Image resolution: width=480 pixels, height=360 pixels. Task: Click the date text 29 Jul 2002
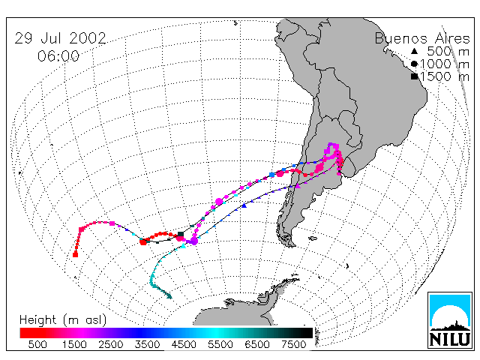pos(60,38)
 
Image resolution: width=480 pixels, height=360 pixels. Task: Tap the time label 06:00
pos(58,56)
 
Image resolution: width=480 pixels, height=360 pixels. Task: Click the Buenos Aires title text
pos(422,38)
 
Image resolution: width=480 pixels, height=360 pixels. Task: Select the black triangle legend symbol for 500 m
pos(414,51)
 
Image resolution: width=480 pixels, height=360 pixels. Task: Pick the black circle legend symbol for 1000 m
pos(414,64)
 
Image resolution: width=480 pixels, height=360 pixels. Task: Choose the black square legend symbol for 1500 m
pos(414,76)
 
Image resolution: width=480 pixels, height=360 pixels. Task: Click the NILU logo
pos(450,320)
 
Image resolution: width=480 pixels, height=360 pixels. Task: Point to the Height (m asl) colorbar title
pos(63,320)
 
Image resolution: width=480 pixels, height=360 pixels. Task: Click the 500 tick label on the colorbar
pos(37,344)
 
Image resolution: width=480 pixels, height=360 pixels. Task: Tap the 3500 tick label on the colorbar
pos(147,344)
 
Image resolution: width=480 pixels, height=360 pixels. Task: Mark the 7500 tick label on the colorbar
pos(293,344)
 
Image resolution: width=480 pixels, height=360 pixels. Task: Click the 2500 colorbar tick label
pos(110,344)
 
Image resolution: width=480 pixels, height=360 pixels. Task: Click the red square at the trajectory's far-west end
pos(75,254)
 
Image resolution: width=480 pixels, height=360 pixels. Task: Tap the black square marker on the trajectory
pos(181,234)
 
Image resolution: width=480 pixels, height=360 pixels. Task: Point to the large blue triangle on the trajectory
pos(244,205)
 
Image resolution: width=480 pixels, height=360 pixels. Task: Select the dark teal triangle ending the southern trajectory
pos(169,296)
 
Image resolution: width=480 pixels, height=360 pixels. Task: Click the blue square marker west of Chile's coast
pos(271,175)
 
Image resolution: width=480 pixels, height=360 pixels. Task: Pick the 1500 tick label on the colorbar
pos(74,344)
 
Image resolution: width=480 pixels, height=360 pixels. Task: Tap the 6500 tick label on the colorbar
pos(257,344)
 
